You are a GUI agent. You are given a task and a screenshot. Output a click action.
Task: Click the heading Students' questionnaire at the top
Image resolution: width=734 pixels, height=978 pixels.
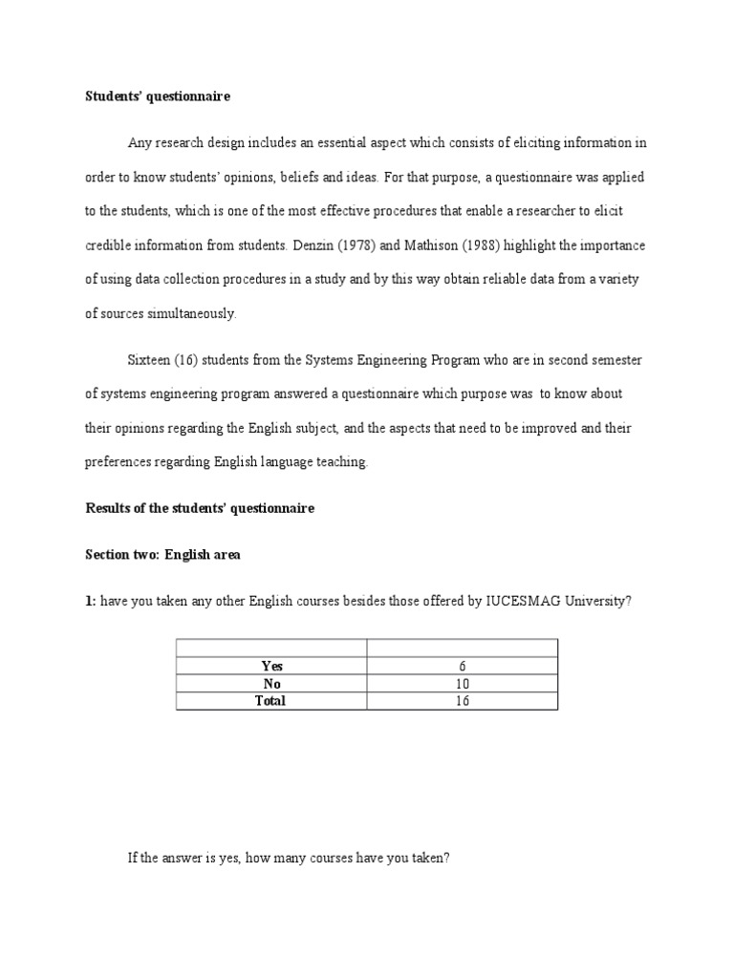pyautogui.click(x=158, y=96)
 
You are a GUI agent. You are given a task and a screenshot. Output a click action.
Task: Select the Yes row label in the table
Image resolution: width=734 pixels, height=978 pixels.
pyautogui.click(x=272, y=666)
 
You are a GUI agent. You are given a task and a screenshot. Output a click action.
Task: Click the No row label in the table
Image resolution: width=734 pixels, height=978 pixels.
pyautogui.click(x=272, y=683)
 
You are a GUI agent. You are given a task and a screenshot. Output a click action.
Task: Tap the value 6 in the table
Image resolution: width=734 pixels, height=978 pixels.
pyautogui.click(x=463, y=666)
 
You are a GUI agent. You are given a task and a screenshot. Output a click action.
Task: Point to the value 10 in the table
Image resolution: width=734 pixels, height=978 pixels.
pyautogui.click(x=463, y=683)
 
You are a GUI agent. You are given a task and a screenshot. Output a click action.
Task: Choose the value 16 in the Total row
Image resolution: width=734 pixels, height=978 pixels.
pyautogui.click(x=463, y=700)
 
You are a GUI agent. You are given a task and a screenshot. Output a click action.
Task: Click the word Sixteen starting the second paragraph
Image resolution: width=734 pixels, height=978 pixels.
pyautogui.click(x=149, y=360)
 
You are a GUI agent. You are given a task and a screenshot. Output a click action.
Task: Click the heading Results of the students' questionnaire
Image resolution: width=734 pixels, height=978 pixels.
pyautogui.click(x=200, y=508)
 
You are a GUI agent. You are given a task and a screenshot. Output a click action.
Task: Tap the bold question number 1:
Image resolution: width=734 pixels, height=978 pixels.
pyautogui.click(x=91, y=602)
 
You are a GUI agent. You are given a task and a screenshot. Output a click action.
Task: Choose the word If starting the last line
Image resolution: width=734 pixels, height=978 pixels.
pyautogui.click(x=133, y=858)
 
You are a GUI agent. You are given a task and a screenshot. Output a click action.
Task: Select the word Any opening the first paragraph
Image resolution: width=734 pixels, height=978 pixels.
pyautogui.click(x=140, y=142)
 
